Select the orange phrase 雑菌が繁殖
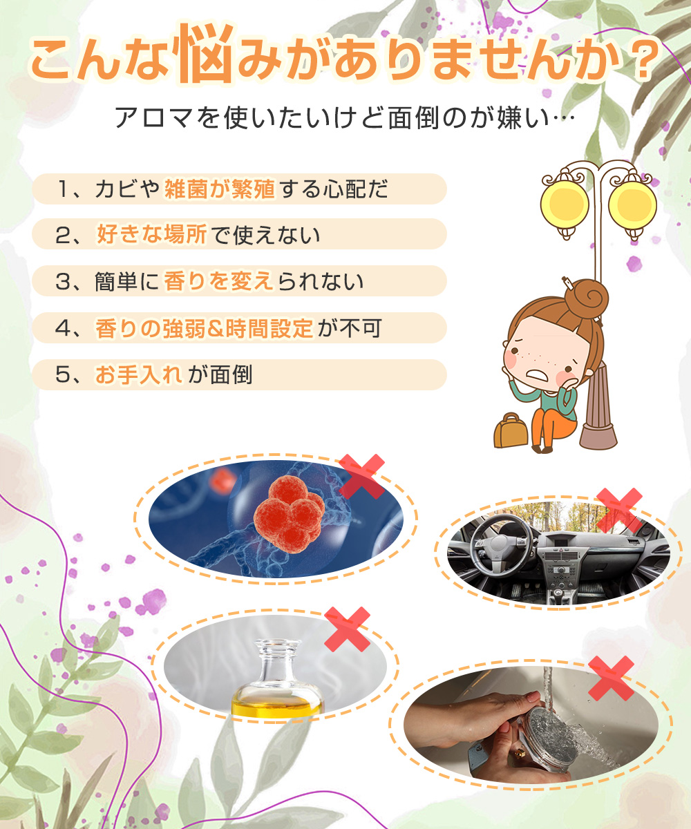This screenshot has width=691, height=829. tap(220, 189)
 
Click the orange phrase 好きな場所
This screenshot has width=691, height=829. tap(151, 236)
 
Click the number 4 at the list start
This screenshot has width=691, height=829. tap(64, 329)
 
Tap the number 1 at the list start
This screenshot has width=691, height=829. tap(64, 189)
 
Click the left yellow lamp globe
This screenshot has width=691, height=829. tap(565, 201)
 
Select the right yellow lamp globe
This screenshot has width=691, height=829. tap(632, 202)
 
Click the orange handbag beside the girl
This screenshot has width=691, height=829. tap(510, 431)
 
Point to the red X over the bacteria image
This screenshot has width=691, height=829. tap(361, 476)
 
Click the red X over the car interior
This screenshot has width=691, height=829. tap(619, 510)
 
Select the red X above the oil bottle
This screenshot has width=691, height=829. tap(347, 629)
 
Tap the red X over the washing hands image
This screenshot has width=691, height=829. tap(611, 678)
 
